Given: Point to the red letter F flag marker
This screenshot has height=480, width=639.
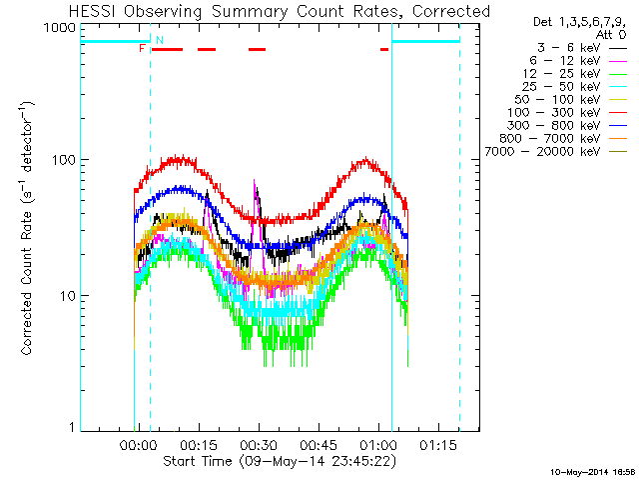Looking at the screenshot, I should click(x=142, y=48).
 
